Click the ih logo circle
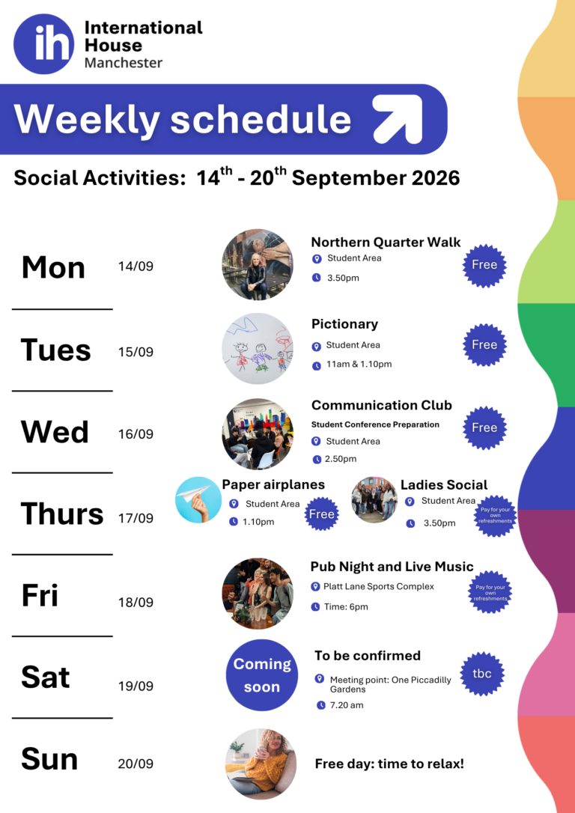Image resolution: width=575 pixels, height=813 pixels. click(x=44, y=44)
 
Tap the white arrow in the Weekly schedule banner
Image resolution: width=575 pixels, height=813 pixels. click(x=398, y=119)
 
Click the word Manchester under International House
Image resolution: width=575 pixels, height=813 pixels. click(x=124, y=63)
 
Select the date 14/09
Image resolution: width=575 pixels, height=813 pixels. click(x=136, y=267)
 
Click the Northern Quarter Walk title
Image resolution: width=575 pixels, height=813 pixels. click(x=386, y=242)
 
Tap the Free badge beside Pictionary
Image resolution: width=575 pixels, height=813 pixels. click(x=484, y=345)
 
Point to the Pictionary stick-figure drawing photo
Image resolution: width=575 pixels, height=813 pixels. click(x=258, y=348)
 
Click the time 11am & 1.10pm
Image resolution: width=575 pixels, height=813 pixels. click(x=359, y=365)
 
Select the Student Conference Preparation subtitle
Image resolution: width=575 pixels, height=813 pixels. click(x=375, y=424)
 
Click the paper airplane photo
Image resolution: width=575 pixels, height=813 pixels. click(x=198, y=500)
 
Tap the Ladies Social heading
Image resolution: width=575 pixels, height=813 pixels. click(x=444, y=485)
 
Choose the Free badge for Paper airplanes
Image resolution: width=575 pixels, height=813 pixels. click(x=322, y=514)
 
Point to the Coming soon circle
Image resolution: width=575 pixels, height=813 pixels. click(x=262, y=675)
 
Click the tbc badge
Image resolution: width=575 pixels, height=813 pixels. click(x=482, y=674)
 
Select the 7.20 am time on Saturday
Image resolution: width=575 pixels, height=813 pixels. click(x=347, y=705)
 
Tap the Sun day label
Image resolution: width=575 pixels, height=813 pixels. click(x=49, y=760)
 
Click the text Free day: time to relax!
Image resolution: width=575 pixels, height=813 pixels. click(x=389, y=764)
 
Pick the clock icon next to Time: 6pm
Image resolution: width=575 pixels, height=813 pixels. click(x=315, y=606)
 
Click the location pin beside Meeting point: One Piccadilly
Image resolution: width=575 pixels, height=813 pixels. click(x=320, y=679)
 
